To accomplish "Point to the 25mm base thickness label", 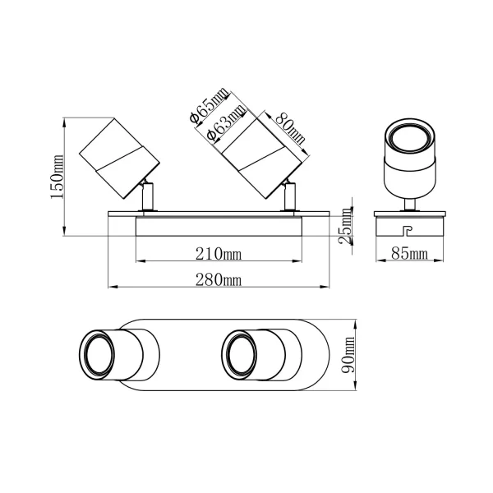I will tap(348, 220).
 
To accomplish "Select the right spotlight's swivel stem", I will tap(289, 198).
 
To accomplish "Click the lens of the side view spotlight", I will tap(409, 137).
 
